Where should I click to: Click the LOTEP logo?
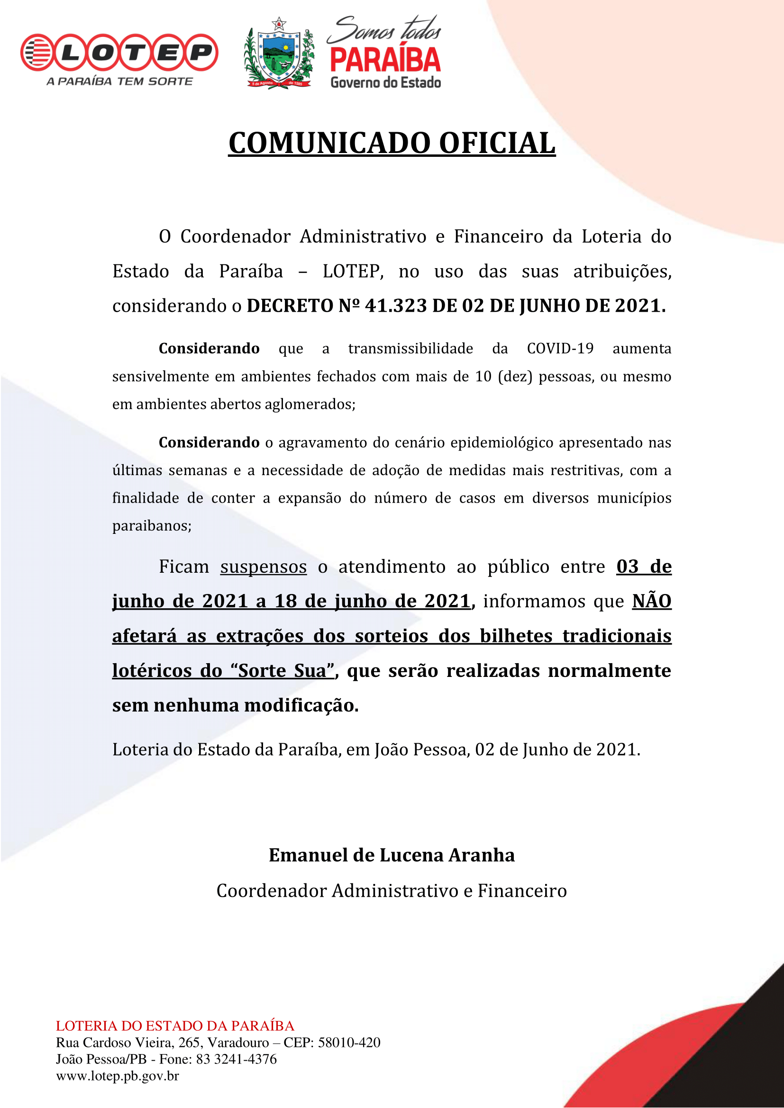119,52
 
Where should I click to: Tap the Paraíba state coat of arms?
279,53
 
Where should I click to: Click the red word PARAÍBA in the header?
385,60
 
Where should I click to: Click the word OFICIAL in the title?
497,144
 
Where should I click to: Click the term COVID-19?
560,349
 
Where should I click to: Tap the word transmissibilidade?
410,349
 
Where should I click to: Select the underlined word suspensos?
264,567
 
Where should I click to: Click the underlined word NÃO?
652,601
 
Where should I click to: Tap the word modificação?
301,705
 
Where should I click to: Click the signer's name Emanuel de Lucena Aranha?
392,855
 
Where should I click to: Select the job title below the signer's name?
392,891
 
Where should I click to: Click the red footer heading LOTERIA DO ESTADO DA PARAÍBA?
175,1026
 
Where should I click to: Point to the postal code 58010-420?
349,1042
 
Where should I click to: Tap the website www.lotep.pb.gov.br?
117,1076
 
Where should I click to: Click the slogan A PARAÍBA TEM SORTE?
120,81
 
